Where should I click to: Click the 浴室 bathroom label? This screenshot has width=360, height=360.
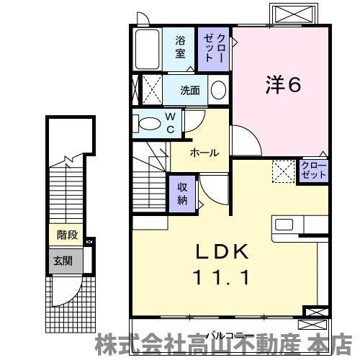[180, 47]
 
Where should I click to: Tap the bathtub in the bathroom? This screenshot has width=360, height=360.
[147, 49]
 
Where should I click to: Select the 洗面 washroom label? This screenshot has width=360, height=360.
[190, 91]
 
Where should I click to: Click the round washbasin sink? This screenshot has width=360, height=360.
[218, 90]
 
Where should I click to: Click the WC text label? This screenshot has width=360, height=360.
[170, 123]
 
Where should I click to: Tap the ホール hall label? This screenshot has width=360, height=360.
[204, 153]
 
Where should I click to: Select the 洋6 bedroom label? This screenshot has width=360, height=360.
[283, 84]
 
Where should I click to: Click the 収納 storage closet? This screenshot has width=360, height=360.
[182, 194]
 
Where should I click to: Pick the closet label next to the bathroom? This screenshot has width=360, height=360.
[215, 48]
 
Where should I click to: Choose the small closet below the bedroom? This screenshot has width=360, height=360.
[314, 170]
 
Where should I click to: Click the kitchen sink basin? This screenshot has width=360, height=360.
[284, 225]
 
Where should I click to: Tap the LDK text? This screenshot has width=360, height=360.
[222, 251]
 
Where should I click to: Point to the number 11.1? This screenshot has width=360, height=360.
[221, 277]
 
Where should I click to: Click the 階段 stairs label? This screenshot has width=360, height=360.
[67, 235]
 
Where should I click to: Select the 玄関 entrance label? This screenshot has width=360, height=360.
[63, 261]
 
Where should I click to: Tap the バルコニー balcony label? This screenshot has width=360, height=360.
[230, 336]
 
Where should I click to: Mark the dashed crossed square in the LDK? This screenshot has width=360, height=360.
[284, 171]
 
